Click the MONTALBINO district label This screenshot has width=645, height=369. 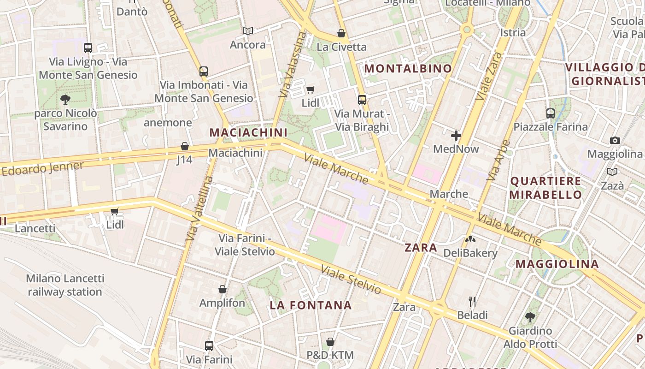click(x=408, y=69)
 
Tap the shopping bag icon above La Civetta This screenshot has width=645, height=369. click(x=341, y=33)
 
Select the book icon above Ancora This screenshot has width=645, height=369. click(x=248, y=31)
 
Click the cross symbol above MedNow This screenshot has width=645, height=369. click(x=456, y=136)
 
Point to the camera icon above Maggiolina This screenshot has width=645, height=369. click(x=615, y=140)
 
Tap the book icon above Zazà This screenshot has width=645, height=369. click(x=612, y=172)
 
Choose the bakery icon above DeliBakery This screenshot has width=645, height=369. click(x=470, y=239)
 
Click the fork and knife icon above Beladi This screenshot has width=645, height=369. click(x=472, y=302)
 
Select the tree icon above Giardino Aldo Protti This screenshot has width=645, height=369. click(x=530, y=317)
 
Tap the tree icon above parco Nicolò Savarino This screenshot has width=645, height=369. click(x=65, y=99)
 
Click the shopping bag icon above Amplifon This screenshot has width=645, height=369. click(x=223, y=289)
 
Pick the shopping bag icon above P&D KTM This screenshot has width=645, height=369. click(x=330, y=342)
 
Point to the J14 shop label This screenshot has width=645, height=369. click(x=184, y=160)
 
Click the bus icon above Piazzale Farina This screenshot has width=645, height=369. click(x=551, y=113)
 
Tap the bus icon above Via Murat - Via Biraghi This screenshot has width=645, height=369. click(x=362, y=100)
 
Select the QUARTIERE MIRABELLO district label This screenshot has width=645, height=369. click(x=545, y=188)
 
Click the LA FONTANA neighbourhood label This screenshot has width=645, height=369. click(x=311, y=305)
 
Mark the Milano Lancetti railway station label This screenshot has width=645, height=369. click(x=65, y=285)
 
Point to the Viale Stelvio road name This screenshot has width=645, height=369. click(x=351, y=280)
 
